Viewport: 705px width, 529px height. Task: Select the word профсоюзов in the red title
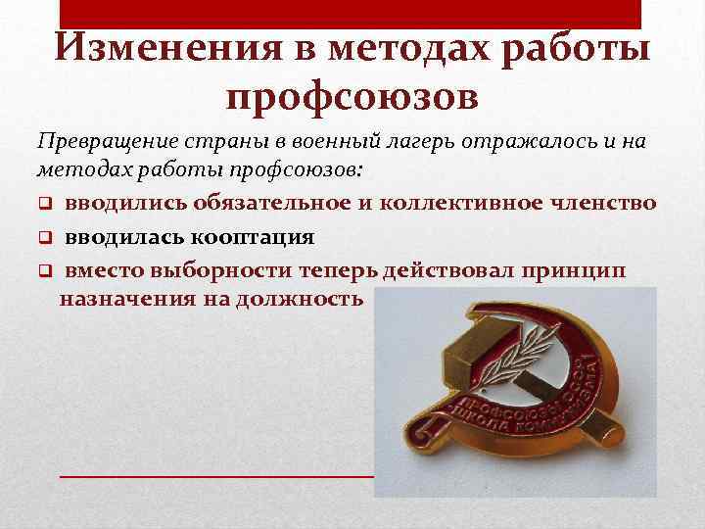(352, 97)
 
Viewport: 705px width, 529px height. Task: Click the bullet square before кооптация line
(45, 237)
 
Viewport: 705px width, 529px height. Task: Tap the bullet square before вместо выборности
(45, 268)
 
